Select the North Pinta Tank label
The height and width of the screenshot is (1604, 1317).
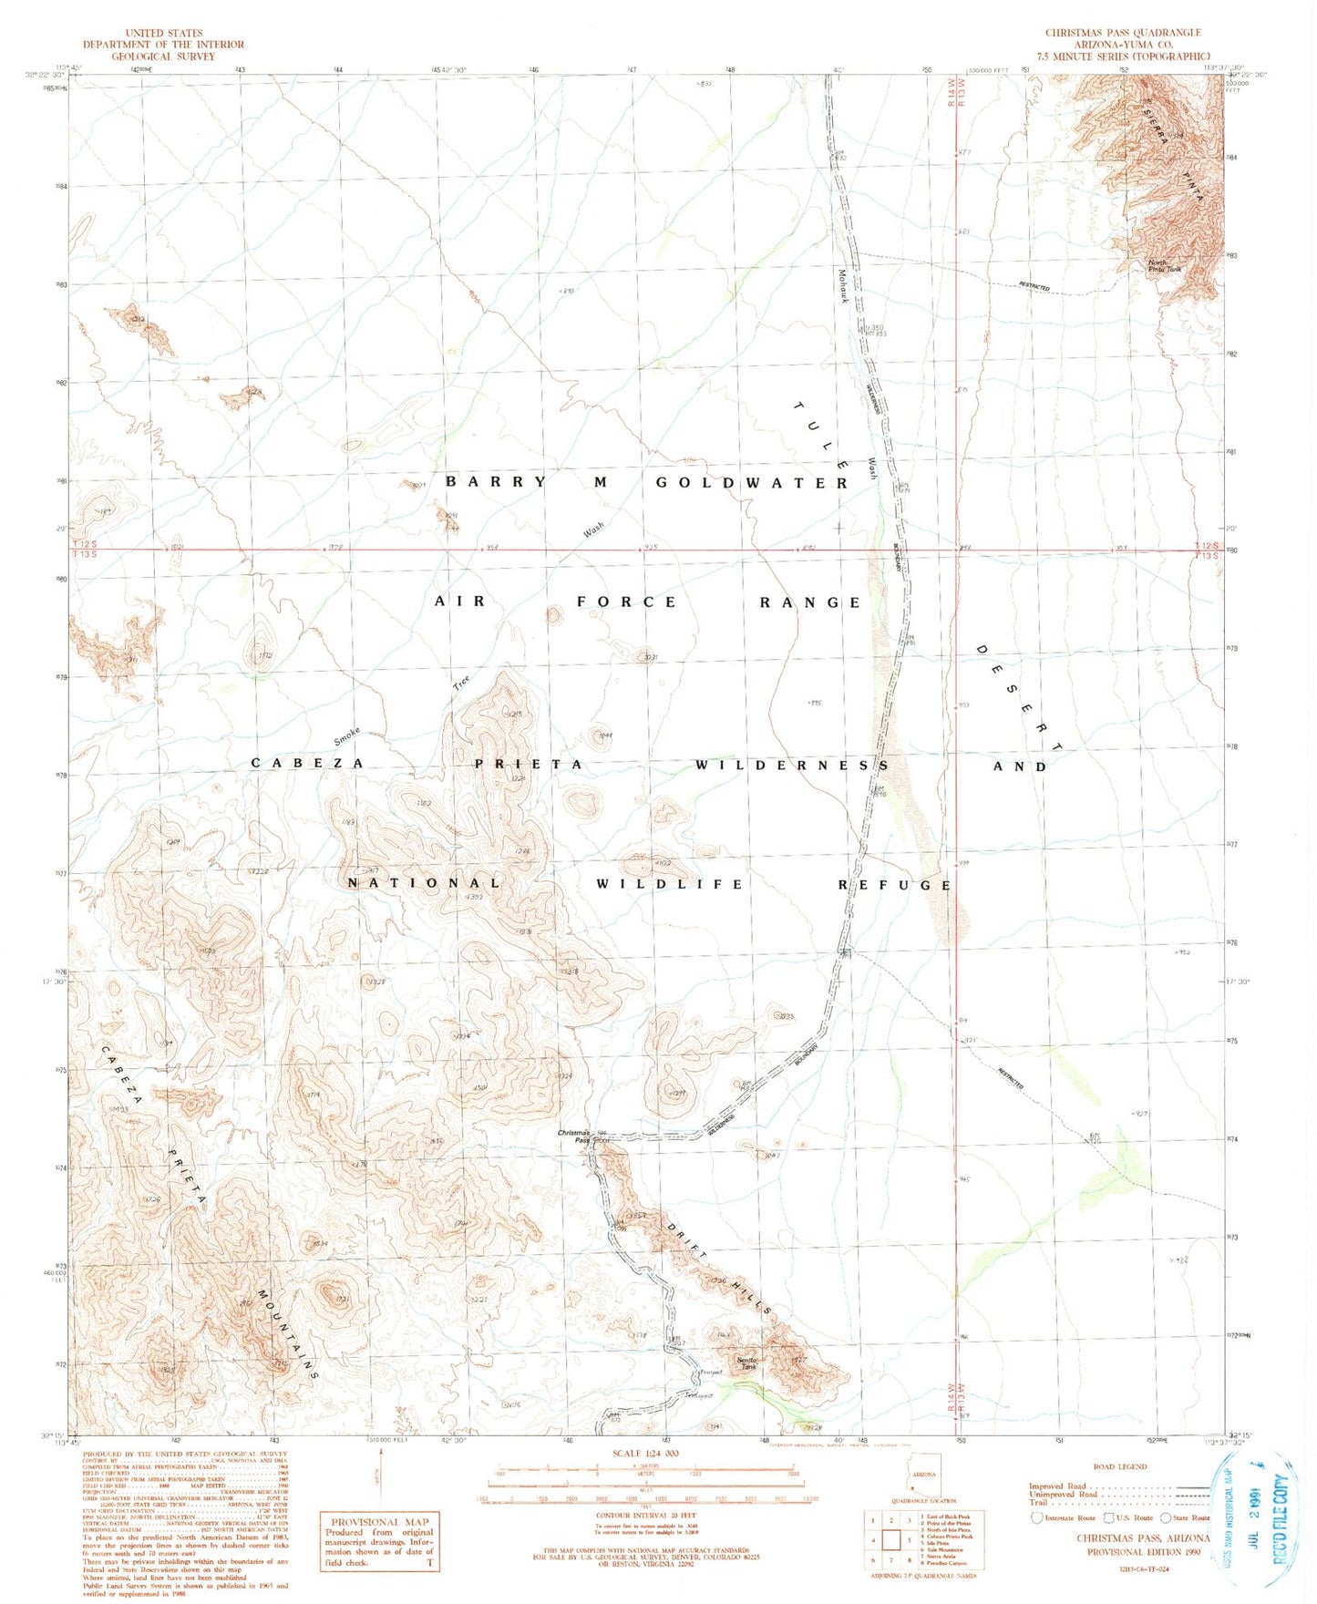pyautogui.click(x=1164, y=267)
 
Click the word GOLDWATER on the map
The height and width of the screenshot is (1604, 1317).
pyautogui.click(x=752, y=483)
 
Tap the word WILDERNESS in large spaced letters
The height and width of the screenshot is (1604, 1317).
pyautogui.click(x=791, y=765)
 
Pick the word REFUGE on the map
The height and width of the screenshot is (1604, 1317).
pyautogui.click(x=895, y=885)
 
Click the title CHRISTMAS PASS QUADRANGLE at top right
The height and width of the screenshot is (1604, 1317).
pyautogui.click(x=1123, y=32)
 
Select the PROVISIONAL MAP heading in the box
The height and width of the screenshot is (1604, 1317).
pyautogui.click(x=378, y=1522)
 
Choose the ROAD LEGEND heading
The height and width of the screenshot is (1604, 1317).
pyautogui.click(x=1119, y=1466)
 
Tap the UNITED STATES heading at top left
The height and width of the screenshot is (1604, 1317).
pyautogui.click(x=164, y=32)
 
